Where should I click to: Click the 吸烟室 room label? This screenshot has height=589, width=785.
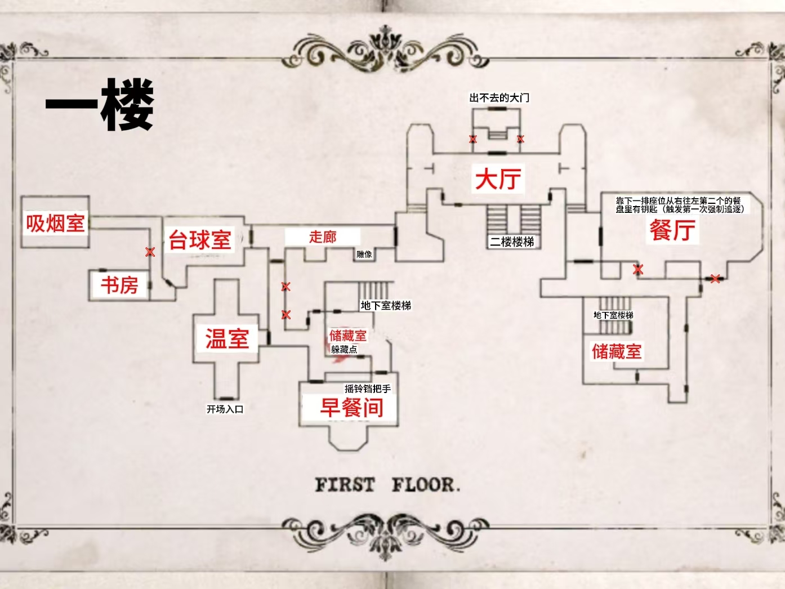55,224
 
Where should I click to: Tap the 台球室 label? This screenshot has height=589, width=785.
200,240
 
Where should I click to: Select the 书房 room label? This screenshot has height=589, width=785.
119,285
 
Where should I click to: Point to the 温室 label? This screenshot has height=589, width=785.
226,339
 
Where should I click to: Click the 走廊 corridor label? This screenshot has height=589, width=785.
322,237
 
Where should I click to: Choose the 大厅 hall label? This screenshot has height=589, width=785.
498,179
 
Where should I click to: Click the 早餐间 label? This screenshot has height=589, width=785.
351,408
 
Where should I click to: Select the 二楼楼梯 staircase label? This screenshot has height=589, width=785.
512,242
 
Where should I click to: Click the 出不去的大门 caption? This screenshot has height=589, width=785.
499,98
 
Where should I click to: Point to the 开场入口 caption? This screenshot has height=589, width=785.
225,409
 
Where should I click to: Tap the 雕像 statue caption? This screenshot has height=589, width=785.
364,255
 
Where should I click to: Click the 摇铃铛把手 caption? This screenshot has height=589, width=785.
368,389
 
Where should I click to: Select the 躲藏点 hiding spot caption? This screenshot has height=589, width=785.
344,350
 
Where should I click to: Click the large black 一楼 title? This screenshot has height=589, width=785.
100,105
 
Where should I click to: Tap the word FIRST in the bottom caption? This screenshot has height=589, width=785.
345,485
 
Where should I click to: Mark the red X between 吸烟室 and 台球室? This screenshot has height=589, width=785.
150,252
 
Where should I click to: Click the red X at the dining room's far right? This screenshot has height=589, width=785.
715,278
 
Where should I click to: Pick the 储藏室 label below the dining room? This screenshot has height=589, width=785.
616,352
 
